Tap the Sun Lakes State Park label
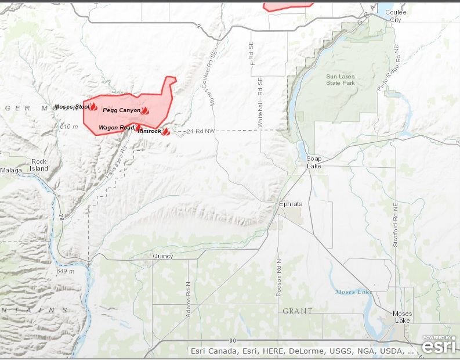pos(340,80)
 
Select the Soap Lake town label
pos(314,162)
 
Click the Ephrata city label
pos(291,204)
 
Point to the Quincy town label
pos(162,256)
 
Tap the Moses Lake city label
pos(402,317)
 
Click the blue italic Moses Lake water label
pos(354,291)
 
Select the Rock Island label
pos(39,165)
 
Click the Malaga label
pos(11,170)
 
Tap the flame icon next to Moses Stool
pos(93,106)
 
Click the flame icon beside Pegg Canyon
pos(145,110)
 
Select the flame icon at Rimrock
pos(165,132)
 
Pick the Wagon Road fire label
pos(116,127)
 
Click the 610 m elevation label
pos(68,126)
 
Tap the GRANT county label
pos(297,311)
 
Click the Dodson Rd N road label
pos(278,278)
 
